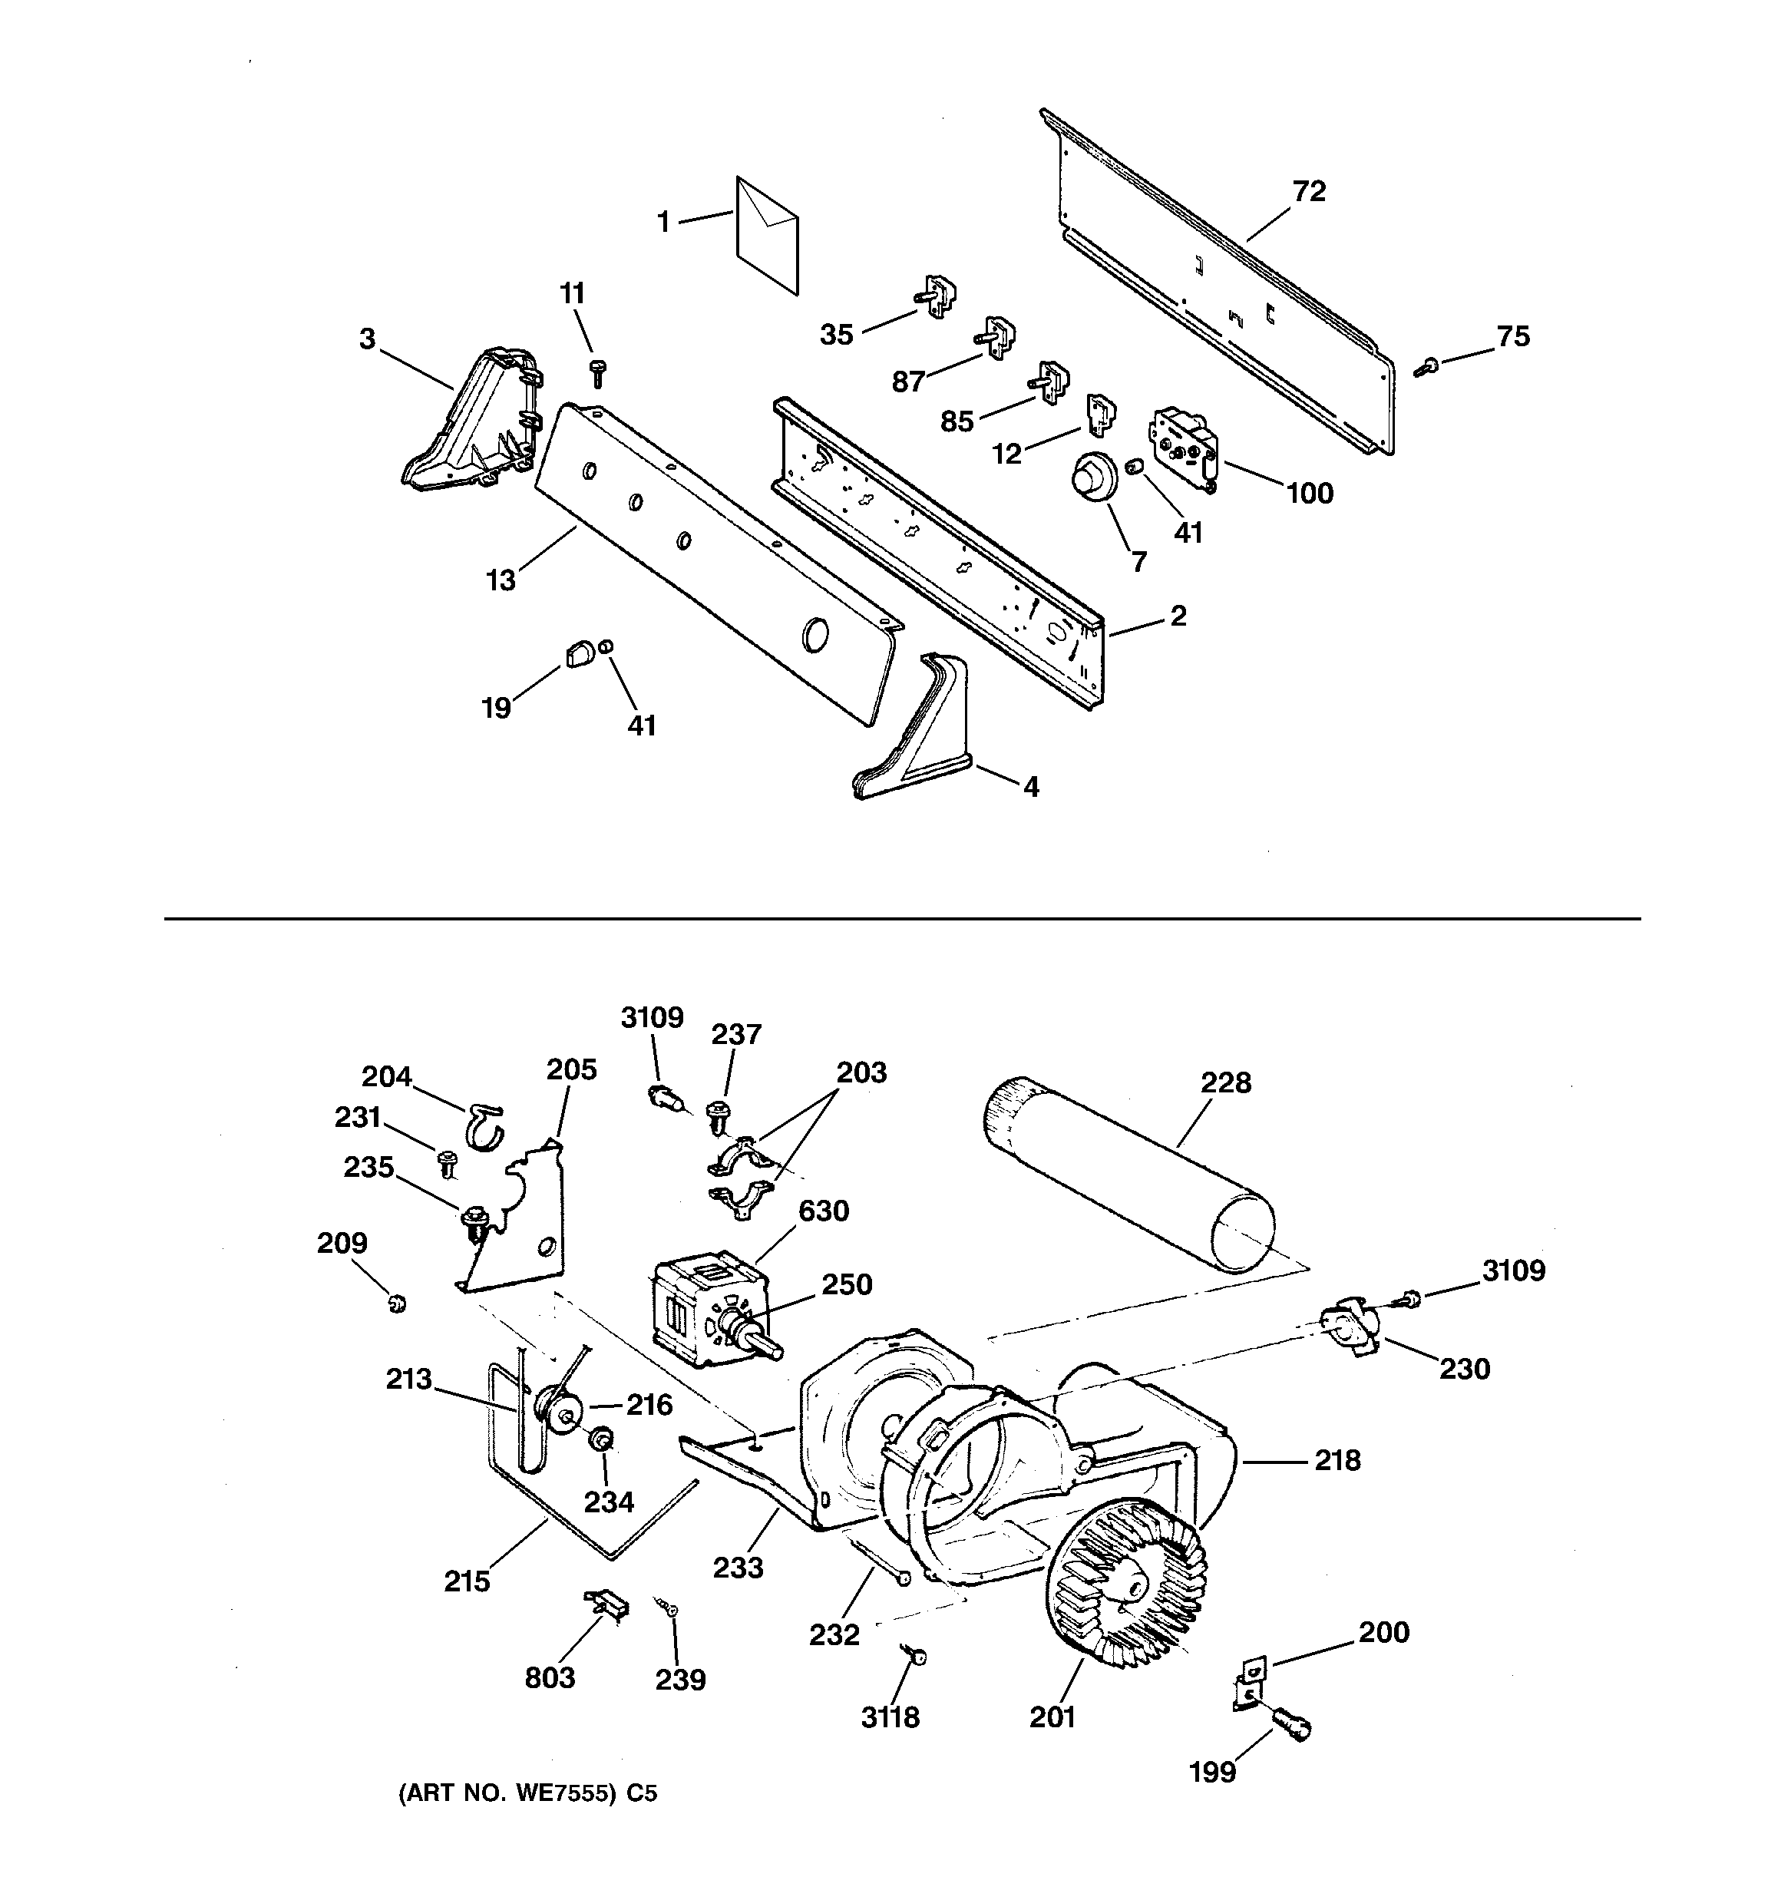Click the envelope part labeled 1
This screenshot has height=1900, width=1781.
(x=767, y=234)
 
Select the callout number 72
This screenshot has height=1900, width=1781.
(x=1309, y=192)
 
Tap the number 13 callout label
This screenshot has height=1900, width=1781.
(x=500, y=580)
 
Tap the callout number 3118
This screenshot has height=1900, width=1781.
(x=889, y=1717)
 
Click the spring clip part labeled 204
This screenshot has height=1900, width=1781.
(x=487, y=1124)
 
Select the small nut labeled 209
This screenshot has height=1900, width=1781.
(x=397, y=1302)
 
